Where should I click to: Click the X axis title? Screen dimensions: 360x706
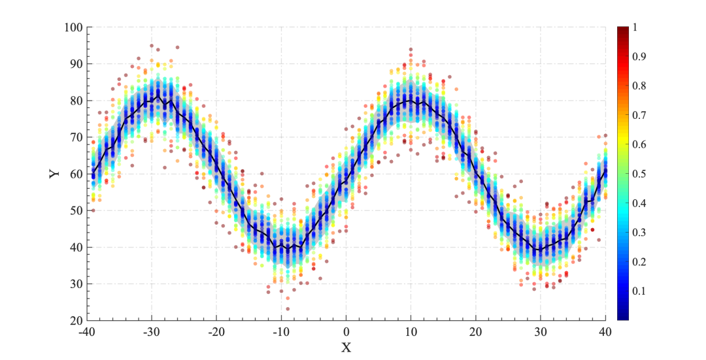[x=346, y=348]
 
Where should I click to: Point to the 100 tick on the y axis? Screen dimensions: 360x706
[x=73, y=27]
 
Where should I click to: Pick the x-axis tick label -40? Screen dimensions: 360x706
[x=88, y=332]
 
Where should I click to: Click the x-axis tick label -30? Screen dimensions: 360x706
[x=152, y=332]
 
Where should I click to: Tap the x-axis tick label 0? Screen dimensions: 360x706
[x=346, y=332]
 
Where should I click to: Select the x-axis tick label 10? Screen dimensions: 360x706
[x=411, y=332]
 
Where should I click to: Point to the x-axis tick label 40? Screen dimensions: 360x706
[x=606, y=332]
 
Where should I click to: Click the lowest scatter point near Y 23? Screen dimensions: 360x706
[x=288, y=309]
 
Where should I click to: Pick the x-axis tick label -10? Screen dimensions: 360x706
[x=282, y=332]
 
